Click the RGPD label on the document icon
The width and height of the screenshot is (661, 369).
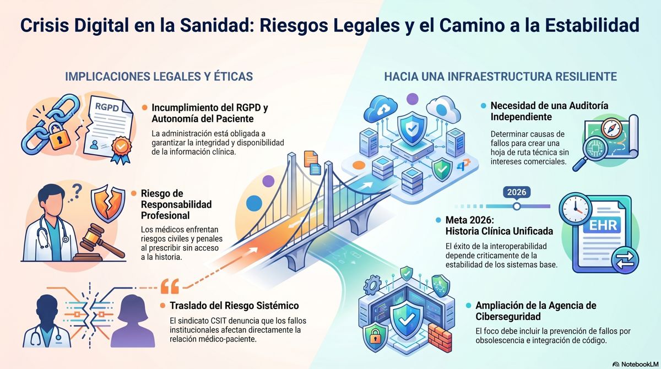(x=107, y=107)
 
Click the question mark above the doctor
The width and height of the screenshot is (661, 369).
(x=77, y=191)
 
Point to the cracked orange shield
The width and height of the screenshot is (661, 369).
(x=108, y=203)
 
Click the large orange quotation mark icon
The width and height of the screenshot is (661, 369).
(x=170, y=286)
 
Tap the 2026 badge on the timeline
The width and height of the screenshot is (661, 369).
(x=517, y=192)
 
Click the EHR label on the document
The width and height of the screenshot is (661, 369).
(x=603, y=225)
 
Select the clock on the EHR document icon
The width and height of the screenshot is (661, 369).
(x=576, y=208)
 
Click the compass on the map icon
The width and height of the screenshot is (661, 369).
(x=611, y=128)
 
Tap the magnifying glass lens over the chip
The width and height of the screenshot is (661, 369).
(x=594, y=148)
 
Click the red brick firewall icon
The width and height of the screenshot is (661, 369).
(x=440, y=338)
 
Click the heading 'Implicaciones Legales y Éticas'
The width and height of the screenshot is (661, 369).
(x=159, y=77)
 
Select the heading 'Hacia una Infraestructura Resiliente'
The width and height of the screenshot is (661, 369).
(x=501, y=77)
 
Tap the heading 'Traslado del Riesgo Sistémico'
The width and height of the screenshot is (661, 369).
(x=234, y=306)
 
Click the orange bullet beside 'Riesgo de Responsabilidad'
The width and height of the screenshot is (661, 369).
(x=134, y=193)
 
